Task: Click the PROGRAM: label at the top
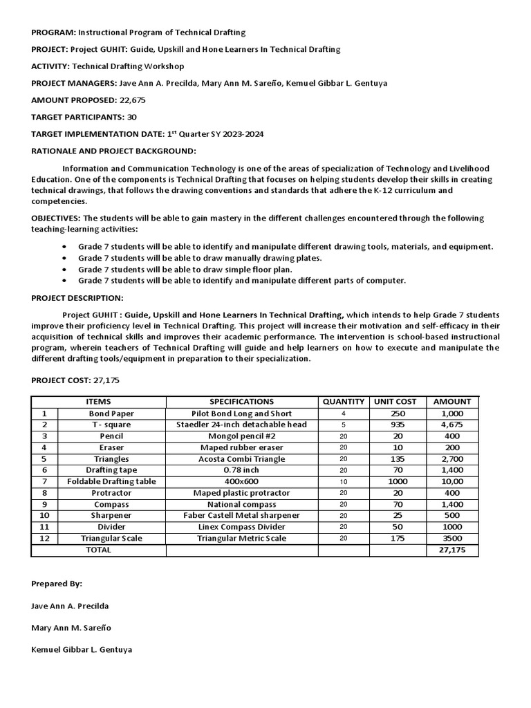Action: [53, 32]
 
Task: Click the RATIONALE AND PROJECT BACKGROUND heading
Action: [114, 151]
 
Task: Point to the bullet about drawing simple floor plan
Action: [185, 269]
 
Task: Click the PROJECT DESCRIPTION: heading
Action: [77, 298]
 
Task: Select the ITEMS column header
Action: [98, 402]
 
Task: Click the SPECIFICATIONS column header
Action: [241, 402]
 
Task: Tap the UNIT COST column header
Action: [395, 402]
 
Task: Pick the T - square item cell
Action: [111, 425]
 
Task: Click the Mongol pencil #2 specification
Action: [241, 436]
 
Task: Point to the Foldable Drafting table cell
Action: [111, 481]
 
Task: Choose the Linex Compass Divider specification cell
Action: [241, 527]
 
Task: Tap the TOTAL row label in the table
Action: [97, 550]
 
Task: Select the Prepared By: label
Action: [57, 584]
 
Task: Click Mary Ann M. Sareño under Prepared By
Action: [70, 628]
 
